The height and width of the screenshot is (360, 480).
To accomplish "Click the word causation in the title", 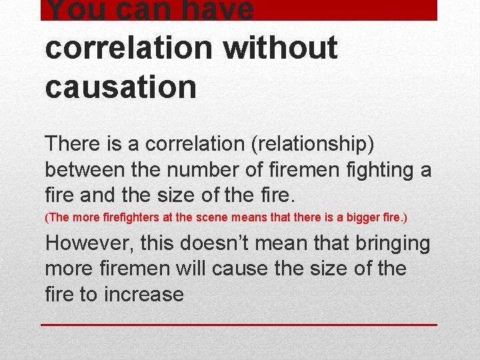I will tap(121, 87).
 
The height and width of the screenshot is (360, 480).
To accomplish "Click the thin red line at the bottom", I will tap(239, 325).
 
